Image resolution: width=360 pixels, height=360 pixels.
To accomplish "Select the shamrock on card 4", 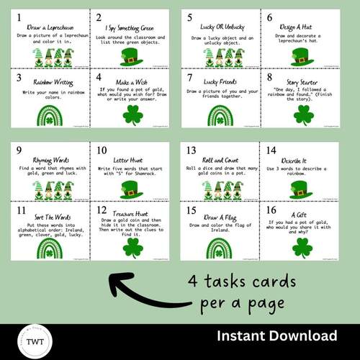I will [x=131, y=114].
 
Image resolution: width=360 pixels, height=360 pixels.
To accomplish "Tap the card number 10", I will [x=103, y=150].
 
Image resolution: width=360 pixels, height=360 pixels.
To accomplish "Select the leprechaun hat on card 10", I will [x=131, y=190].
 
